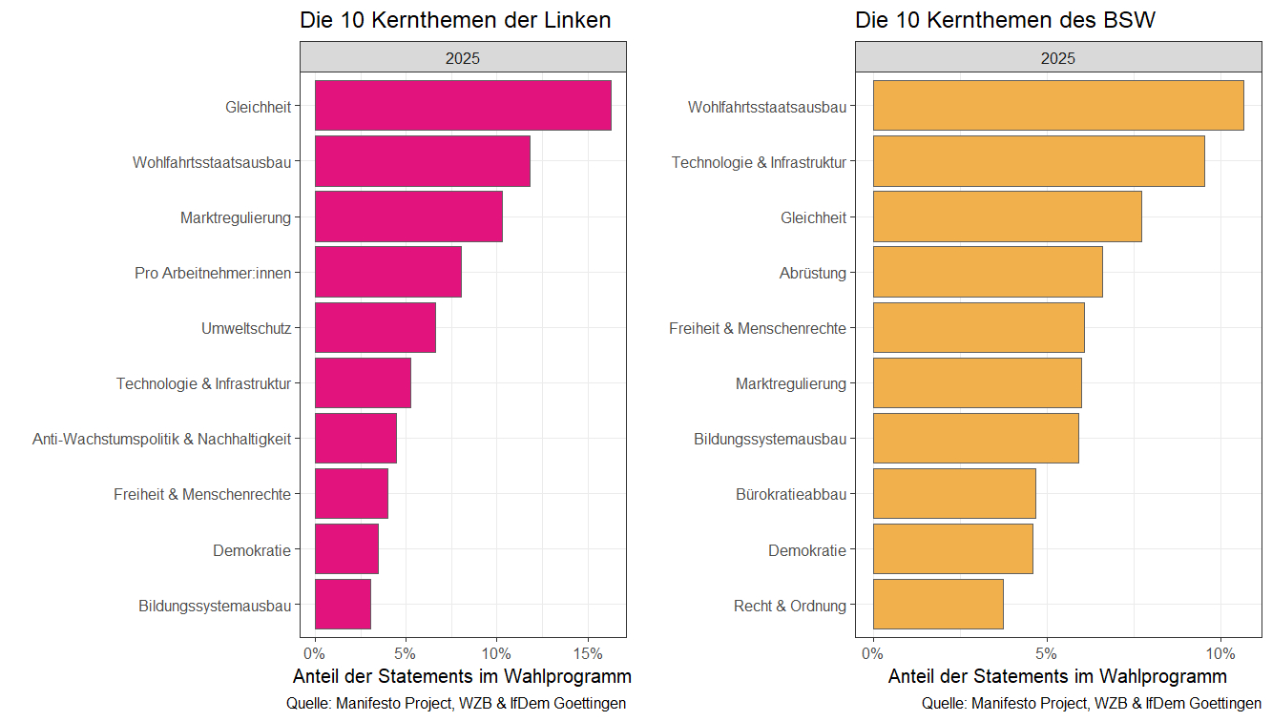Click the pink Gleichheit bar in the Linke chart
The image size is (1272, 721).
coord(463,106)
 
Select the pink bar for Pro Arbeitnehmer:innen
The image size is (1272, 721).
coord(388,273)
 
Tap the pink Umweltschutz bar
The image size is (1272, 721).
coord(375,328)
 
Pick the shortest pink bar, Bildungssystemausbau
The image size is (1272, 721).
coord(343,605)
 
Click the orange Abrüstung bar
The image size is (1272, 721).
coord(988,273)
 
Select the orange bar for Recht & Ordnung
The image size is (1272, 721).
coord(938,605)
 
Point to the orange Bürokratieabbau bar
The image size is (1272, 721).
coord(954,494)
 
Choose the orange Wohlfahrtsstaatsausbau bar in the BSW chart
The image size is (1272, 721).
coord(1058,106)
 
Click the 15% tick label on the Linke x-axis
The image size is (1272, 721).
coord(588,654)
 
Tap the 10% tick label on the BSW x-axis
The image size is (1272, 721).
coord(1220,654)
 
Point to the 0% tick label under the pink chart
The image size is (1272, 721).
coord(315,654)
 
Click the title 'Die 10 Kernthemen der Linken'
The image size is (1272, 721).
coord(455,20)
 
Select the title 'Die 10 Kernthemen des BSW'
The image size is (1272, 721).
coord(1006,20)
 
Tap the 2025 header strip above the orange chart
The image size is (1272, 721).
coord(1058,57)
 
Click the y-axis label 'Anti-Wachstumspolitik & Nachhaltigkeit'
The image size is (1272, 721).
coord(161,439)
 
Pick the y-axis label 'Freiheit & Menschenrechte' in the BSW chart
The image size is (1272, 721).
coord(758,328)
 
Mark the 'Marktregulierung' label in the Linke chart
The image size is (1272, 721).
coord(235,217)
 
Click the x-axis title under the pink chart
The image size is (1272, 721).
coord(462,677)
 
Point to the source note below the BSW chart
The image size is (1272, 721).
coord(1092,704)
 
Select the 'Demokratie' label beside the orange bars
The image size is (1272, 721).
coord(807,549)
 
